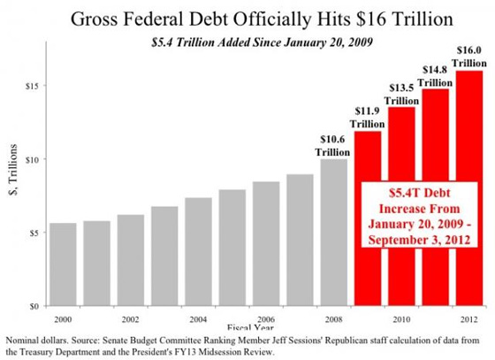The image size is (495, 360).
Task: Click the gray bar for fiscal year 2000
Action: point(63,264)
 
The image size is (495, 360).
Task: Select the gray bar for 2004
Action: point(198,252)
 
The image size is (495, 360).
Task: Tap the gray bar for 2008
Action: point(334,233)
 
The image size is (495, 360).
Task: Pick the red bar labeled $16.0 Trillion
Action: point(469,188)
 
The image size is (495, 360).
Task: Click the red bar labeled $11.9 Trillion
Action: point(368,218)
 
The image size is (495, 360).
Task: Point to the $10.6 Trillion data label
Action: point(332,146)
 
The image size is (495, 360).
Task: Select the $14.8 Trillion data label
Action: point(435,76)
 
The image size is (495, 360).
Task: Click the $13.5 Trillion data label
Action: point(401,94)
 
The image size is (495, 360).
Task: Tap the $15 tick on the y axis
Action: point(32,86)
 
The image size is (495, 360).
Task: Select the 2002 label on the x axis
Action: point(131,319)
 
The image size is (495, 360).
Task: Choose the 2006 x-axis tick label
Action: point(266,319)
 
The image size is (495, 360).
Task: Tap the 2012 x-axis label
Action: point(469,319)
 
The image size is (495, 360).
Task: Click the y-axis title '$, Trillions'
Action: point(13,170)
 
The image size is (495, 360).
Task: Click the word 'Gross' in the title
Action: point(94,19)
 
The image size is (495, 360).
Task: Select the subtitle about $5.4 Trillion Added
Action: point(262,42)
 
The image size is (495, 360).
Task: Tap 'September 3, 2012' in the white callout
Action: point(419,240)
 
